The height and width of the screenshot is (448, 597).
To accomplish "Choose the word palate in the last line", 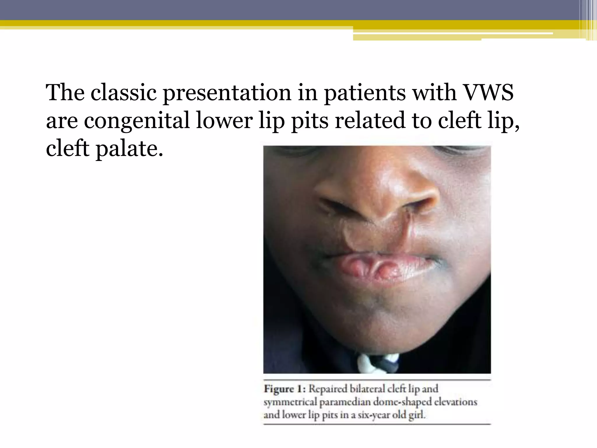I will coord(129,149).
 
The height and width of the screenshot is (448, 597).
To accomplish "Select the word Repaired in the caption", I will coord(328,389).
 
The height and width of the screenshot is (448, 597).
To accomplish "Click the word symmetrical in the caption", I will coord(290,402).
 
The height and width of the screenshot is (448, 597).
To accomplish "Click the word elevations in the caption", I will coord(456,402).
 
